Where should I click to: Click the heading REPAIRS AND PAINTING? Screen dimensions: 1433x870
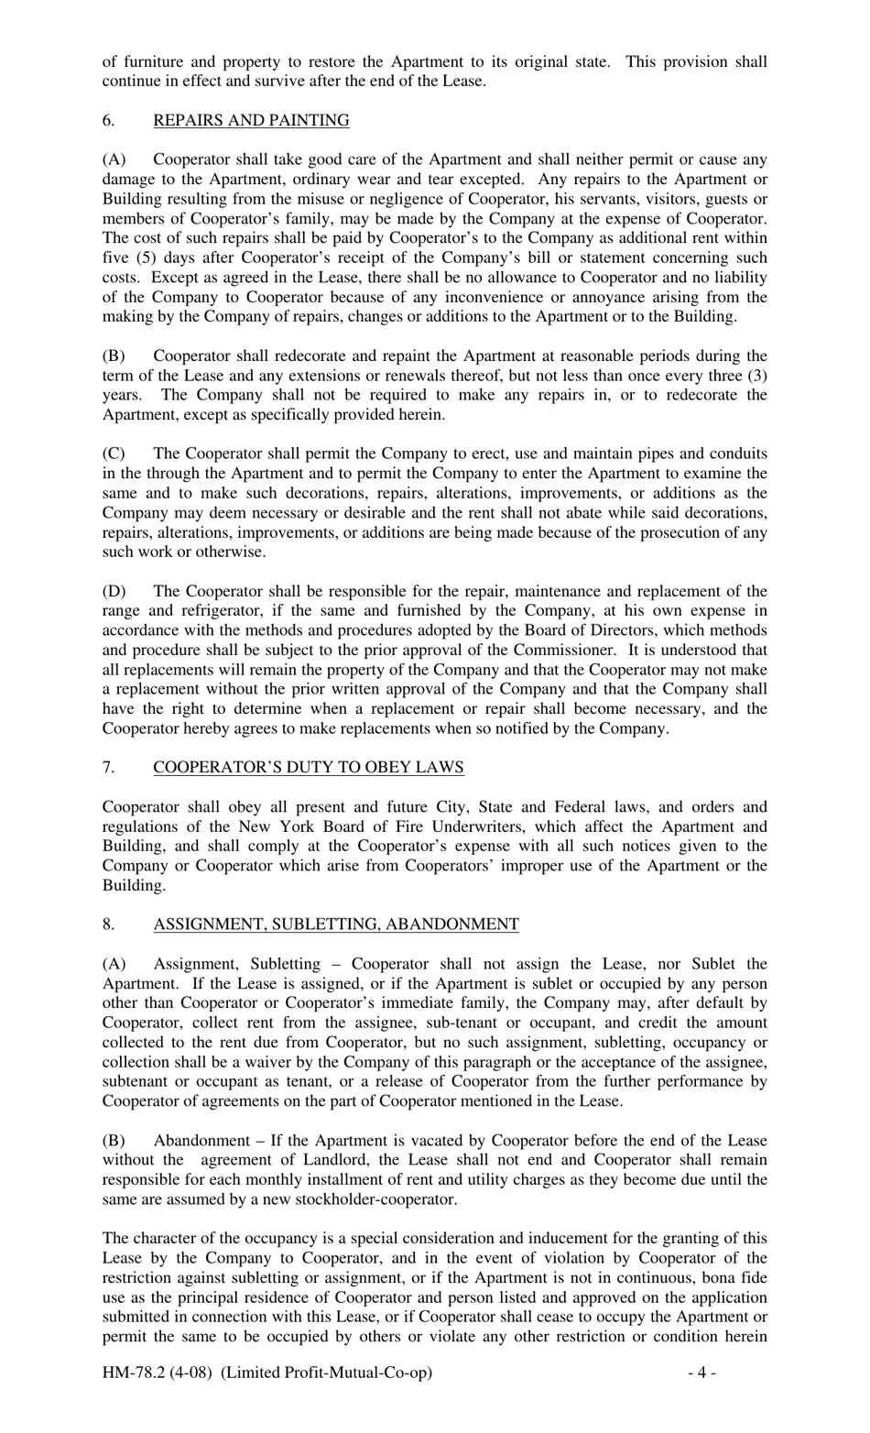coord(251,120)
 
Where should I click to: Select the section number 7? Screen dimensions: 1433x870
coord(107,767)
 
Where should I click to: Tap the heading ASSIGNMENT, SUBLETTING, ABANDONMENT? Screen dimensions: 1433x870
coord(335,924)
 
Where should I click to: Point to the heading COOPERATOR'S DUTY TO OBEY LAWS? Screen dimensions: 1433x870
coord(308,767)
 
